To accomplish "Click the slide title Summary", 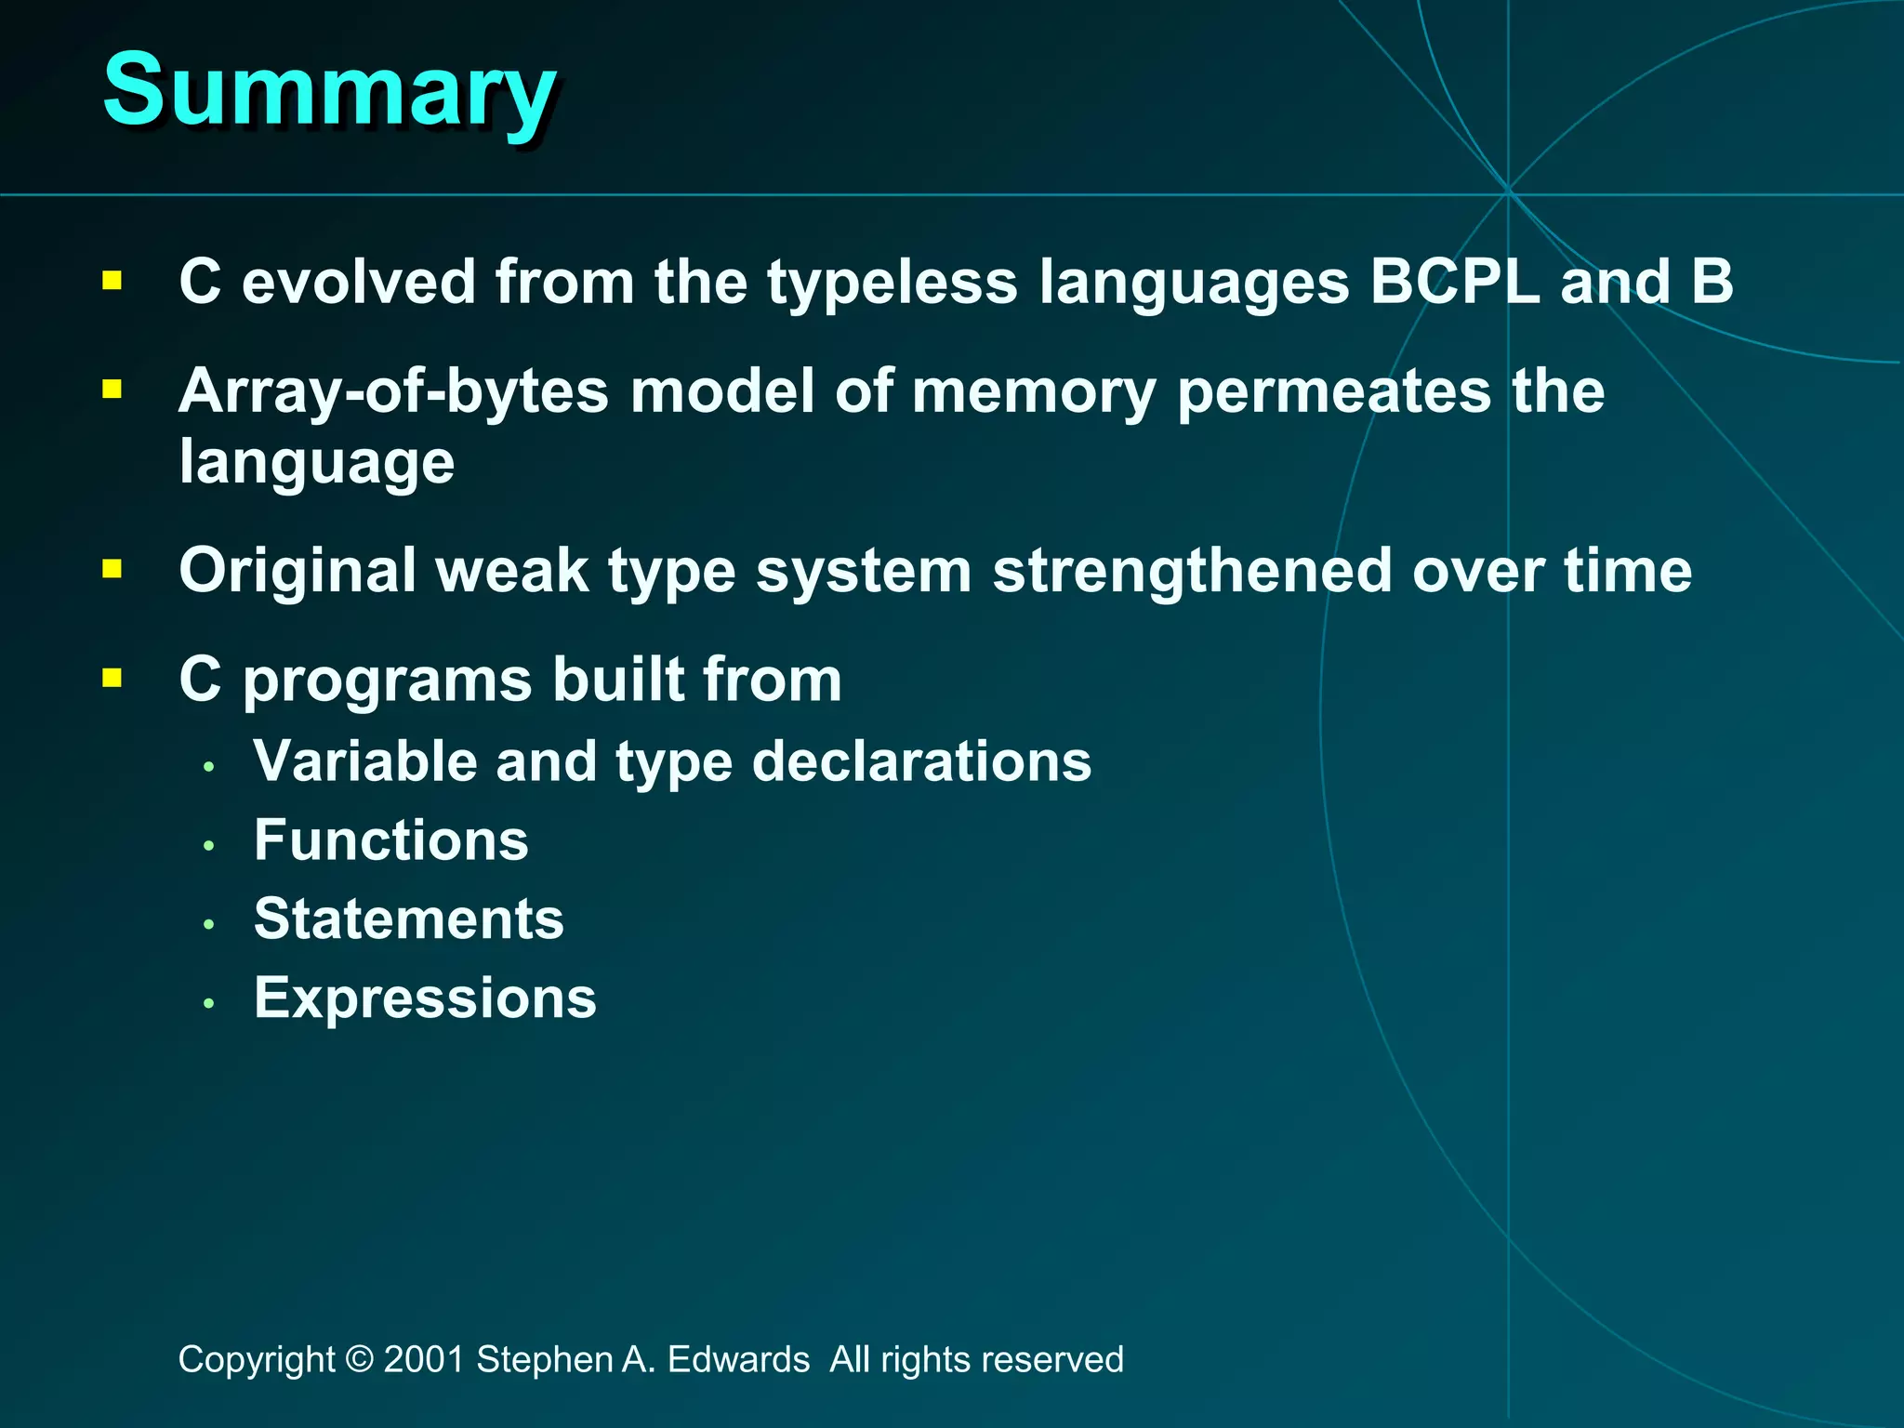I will (329, 91).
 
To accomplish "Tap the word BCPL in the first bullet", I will (1455, 282).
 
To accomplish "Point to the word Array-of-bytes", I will (393, 391).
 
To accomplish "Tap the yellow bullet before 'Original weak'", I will (112, 569).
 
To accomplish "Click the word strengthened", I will (1192, 571).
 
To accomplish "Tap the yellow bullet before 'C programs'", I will (112, 678).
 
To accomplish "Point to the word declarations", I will (921, 761).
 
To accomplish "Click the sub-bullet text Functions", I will (391, 840).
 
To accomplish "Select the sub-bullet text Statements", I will (409, 919).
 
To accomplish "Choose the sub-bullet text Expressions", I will (425, 999).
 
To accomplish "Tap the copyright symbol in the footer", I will (359, 1359).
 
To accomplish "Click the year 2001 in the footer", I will (424, 1359).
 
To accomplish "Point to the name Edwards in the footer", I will (738, 1359).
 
